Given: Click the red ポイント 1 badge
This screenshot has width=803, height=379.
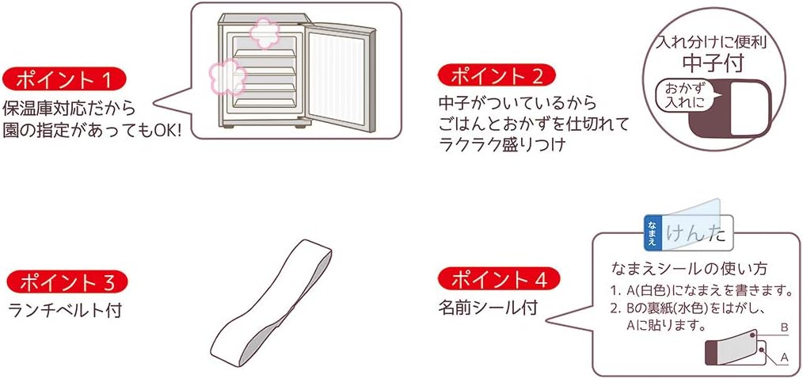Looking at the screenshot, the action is click(64, 80).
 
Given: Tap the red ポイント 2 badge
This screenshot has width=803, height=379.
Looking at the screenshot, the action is click(497, 77).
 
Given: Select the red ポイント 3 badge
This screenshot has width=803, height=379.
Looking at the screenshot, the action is click(67, 282).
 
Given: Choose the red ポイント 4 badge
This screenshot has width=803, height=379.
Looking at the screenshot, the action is click(499, 280).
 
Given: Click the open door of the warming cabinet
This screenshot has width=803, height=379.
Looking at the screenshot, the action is click(338, 78).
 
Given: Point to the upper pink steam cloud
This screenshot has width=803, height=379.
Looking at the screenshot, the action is click(264, 34).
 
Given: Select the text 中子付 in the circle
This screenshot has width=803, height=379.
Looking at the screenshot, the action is click(713, 63).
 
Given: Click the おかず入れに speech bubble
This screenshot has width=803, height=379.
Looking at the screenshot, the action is click(683, 97).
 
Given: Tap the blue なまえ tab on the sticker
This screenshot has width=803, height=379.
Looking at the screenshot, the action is click(652, 233).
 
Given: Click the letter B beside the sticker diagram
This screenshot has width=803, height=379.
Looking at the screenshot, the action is click(783, 327).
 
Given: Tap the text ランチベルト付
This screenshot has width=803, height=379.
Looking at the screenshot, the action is click(65, 310).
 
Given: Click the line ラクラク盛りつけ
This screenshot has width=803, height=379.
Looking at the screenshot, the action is click(502, 145).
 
